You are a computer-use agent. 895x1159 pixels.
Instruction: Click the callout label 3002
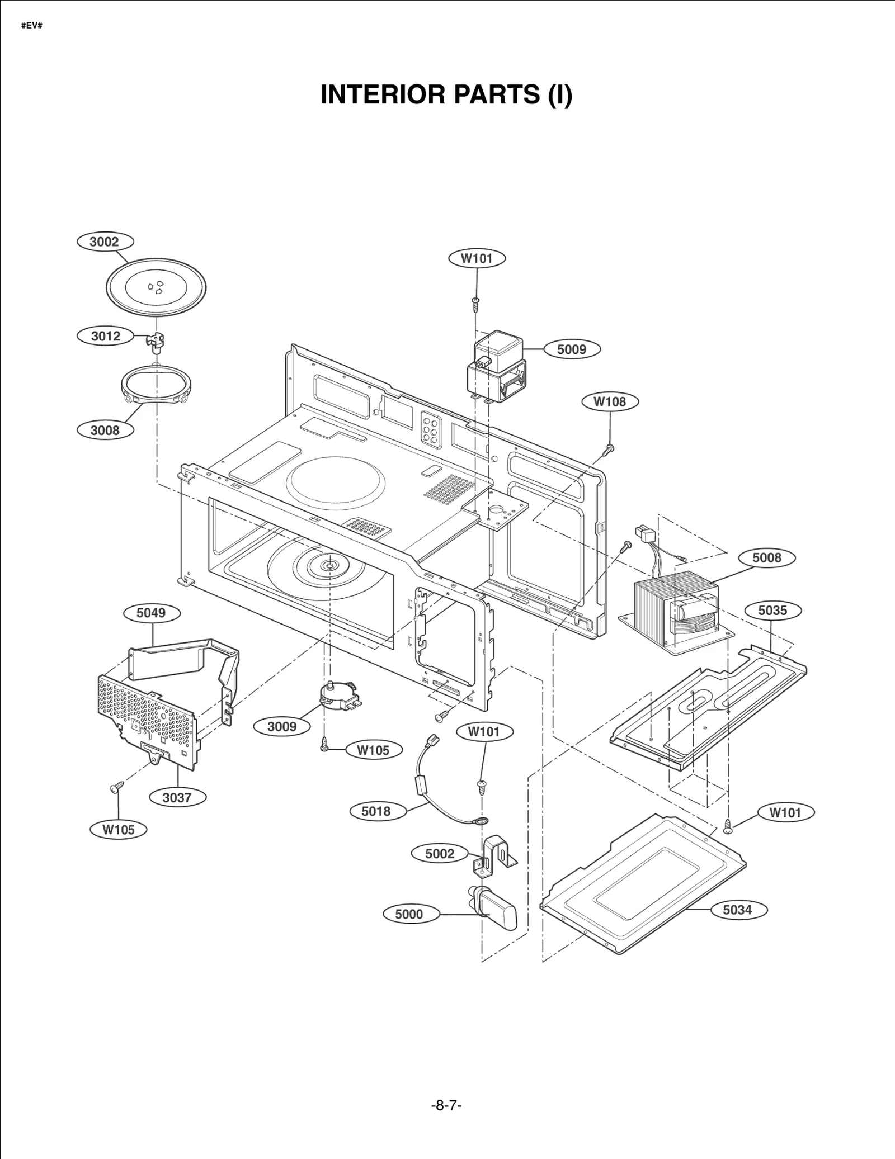pos(105,242)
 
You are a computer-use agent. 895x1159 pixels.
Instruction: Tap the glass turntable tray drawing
pos(156,288)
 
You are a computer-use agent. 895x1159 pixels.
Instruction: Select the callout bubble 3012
pos(106,336)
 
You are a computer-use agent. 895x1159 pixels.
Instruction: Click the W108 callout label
pos(609,401)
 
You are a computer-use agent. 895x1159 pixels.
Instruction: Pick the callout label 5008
pos(766,557)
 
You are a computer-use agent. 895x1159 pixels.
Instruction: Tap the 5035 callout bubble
pos(772,611)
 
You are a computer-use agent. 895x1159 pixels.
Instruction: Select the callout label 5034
pos(737,910)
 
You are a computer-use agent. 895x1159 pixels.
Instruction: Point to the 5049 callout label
pos(151,613)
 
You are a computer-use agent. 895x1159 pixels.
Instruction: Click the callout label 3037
pos(177,798)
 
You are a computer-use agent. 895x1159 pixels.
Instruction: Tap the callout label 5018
pos(376,811)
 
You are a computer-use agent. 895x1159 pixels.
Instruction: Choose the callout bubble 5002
pos(440,854)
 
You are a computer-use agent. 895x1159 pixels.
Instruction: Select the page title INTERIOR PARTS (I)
pos(446,94)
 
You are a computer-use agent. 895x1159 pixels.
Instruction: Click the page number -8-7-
pos(446,1105)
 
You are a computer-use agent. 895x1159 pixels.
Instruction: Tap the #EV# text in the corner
pos(32,26)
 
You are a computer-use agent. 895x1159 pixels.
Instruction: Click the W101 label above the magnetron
pos(477,258)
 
